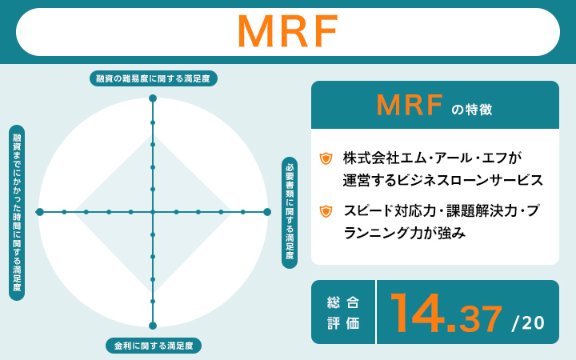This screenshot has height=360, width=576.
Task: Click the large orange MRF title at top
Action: pos(288,32)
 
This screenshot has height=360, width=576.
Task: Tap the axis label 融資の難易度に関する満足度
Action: pos(153,78)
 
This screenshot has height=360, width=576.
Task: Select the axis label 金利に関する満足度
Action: pos(153,346)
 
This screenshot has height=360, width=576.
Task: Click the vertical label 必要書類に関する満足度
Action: pos(290,212)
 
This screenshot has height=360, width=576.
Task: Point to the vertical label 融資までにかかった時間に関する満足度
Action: pos(16,212)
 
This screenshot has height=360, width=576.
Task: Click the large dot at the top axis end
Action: pos(153,98)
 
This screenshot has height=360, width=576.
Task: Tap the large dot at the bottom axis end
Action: pos(153,326)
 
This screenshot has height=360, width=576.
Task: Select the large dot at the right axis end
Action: pos(267,212)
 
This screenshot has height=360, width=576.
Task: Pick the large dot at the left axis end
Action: pos(39,212)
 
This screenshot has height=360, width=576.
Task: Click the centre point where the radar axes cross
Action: pos(153,212)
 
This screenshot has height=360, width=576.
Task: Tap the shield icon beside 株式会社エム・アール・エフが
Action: pos(326,158)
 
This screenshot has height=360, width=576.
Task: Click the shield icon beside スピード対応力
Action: pos(326,212)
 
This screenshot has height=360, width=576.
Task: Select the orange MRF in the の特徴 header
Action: pos(410,105)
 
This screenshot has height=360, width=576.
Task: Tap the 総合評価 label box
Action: pos(343,312)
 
